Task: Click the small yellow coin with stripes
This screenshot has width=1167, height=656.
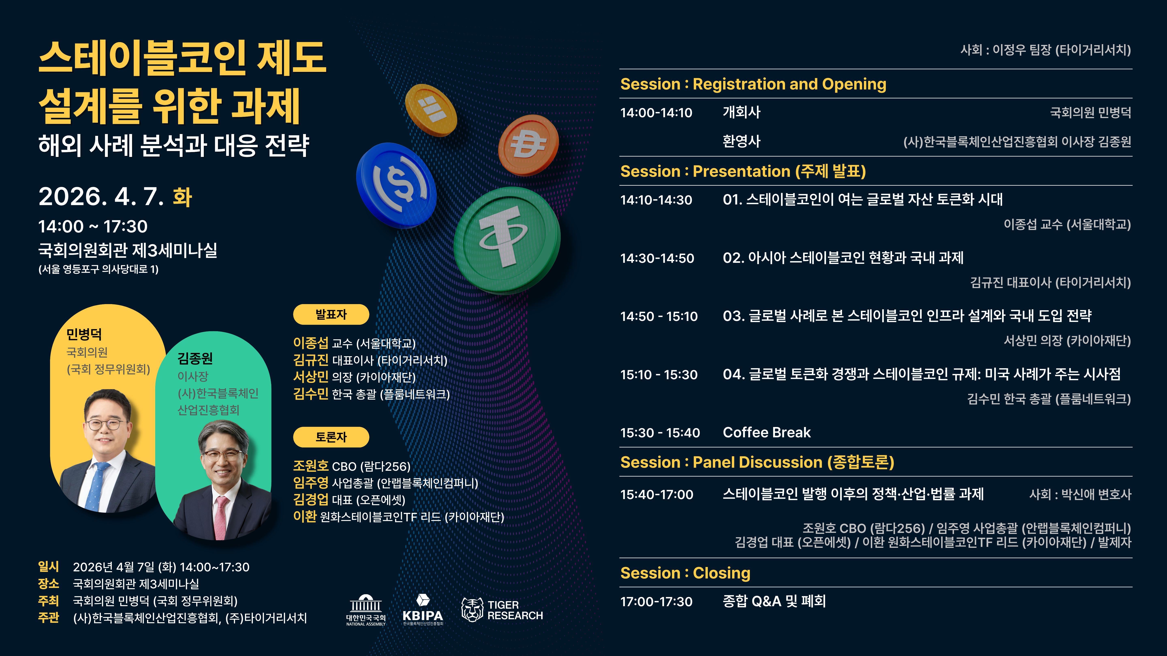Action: click(x=430, y=110)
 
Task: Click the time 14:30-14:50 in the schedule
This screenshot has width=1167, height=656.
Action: click(x=657, y=258)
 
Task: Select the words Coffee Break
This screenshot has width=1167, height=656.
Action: click(x=766, y=432)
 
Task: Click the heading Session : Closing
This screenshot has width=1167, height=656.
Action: click(x=685, y=573)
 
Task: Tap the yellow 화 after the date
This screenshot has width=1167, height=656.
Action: click(x=183, y=197)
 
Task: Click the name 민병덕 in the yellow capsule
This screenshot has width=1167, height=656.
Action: click(x=84, y=334)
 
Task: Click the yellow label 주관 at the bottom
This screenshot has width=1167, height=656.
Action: click(x=48, y=618)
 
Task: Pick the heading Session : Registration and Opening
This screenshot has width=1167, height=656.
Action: click(x=753, y=84)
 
